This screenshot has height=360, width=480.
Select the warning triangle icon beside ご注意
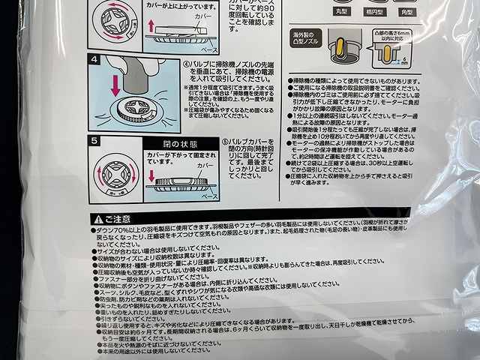[94, 217]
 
